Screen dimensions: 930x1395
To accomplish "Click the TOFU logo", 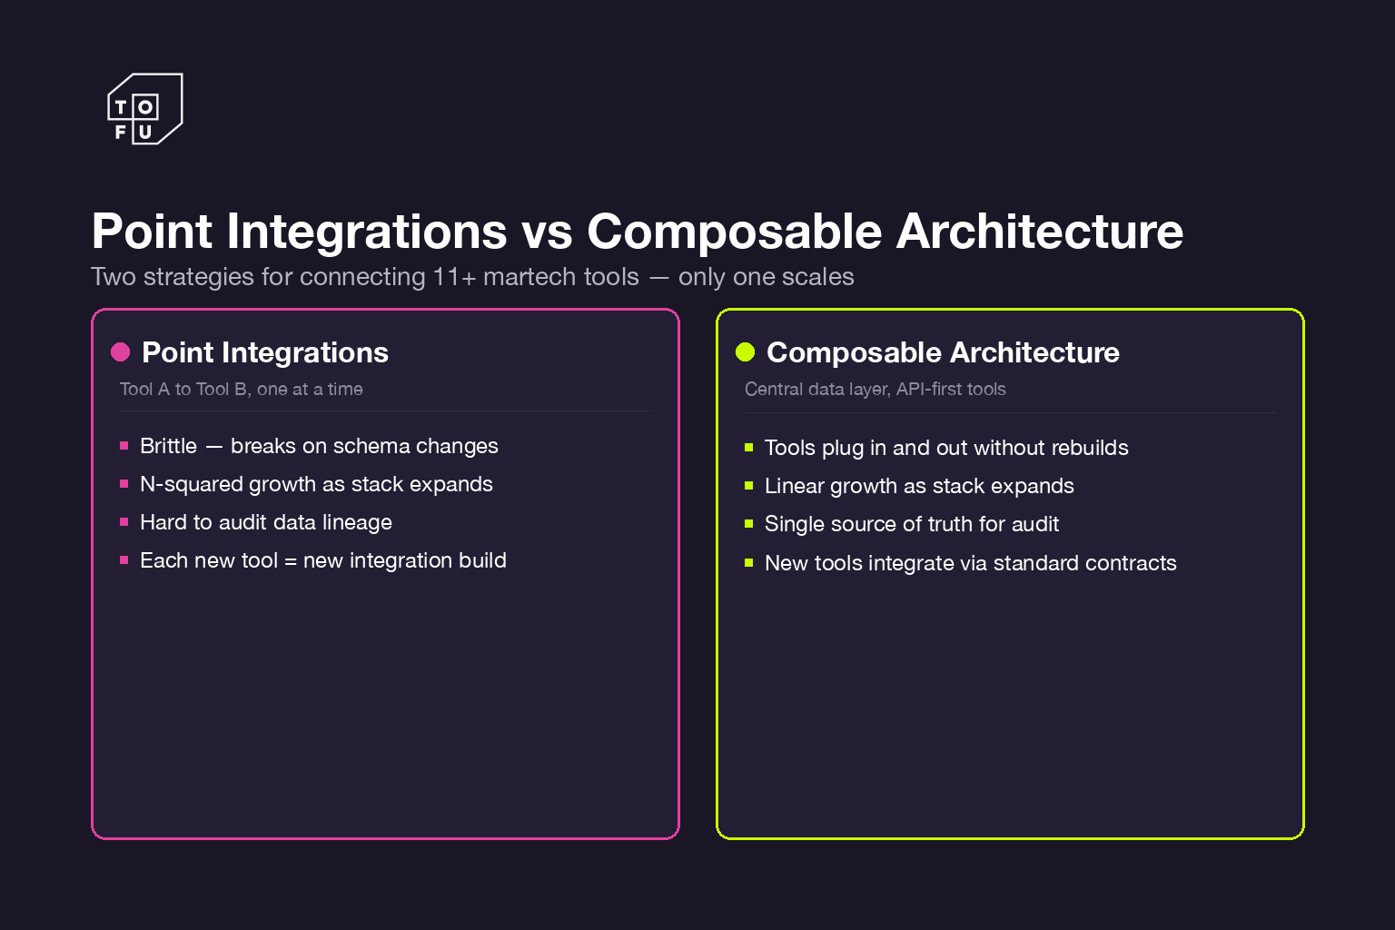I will (144, 109).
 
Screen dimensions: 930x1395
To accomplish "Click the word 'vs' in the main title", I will (547, 232).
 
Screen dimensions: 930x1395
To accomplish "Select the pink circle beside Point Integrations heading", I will (120, 352).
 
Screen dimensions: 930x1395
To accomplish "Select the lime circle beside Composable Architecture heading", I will (745, 352).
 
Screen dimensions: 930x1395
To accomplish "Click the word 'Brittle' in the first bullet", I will (168, 446).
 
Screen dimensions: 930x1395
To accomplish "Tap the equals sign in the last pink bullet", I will (291, 561).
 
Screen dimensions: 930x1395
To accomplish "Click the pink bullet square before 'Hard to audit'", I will (124, 522).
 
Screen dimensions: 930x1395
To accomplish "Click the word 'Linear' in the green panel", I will (794, 486).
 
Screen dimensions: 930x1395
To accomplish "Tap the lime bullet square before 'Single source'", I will (749, 524).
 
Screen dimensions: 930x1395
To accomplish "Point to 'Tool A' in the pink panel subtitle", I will (144, 390).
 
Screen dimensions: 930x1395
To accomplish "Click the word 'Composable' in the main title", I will (734, 232).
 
